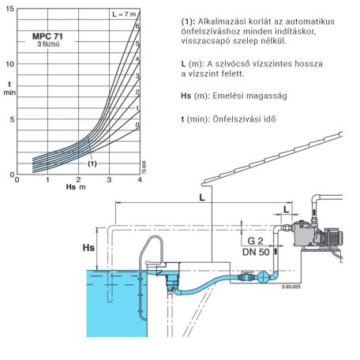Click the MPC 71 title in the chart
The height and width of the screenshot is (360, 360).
[x=47, y=36]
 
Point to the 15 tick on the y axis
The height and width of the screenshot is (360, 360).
[x=9, y=9]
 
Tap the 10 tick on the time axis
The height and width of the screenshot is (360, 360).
[x=9, y=64]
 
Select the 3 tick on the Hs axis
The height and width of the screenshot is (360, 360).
[x=109, y=180]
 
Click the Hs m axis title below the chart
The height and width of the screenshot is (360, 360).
[x=76, y=187]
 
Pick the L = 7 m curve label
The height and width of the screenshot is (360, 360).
[x=124, y=14]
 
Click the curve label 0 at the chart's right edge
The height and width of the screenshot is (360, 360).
[x=137, y=125]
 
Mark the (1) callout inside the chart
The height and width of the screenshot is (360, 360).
[x=92, y=163]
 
